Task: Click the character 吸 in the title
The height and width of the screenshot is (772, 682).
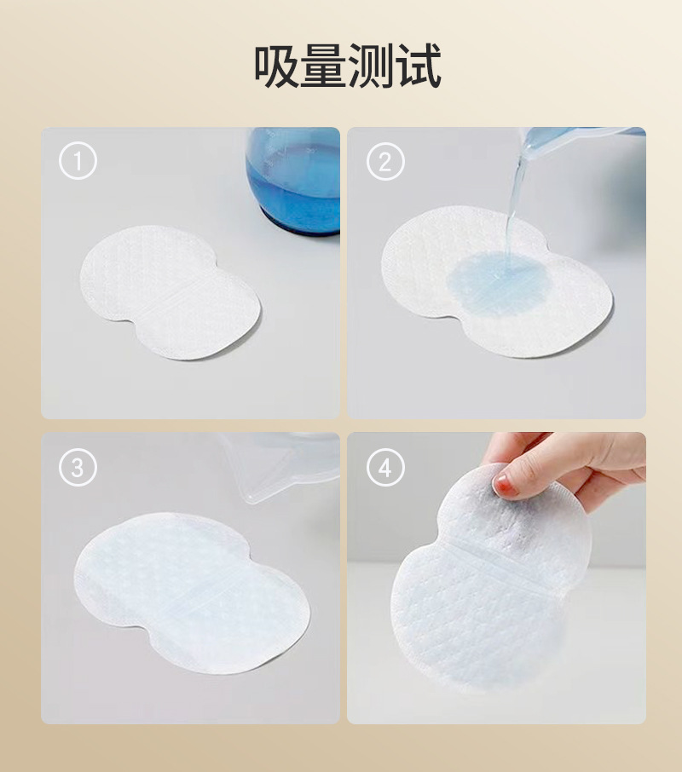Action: [275, 66]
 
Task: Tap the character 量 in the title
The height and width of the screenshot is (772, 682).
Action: [322, 66]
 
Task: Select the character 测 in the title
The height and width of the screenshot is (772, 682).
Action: [369, 66]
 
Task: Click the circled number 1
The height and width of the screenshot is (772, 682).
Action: [78, 160]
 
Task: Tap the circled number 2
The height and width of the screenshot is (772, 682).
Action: [385, 162]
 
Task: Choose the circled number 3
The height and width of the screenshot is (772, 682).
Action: [78, 467]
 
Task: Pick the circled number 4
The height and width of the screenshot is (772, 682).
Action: [385, 467]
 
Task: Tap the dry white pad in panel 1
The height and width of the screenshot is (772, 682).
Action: [170, 292]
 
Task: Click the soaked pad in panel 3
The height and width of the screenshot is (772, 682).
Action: [192, 592]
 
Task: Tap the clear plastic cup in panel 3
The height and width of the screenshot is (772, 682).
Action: [280, 467]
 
